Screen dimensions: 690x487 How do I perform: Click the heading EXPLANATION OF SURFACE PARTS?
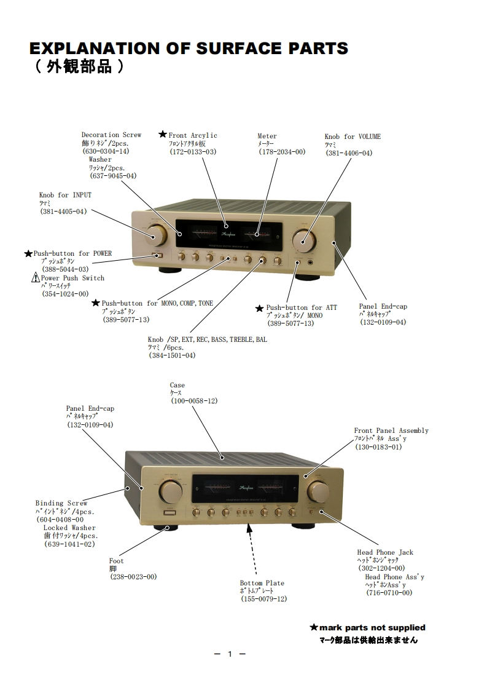click(x=189, y=49)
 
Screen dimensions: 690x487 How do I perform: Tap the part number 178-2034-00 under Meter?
click(x=281, y=152)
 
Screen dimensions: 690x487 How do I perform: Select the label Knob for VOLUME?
click(x=353, y=137)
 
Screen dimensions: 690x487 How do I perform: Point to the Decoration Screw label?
click(x=111, y=135)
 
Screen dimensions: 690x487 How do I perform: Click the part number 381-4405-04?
click(x=63, y=211)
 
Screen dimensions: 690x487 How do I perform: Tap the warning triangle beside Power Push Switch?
click(x=36, y=278)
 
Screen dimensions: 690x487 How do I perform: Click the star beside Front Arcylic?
click(x=163, y=135)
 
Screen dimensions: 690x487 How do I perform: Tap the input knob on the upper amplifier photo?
click(x=156, y=236)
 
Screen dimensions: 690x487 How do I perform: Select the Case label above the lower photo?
click(x=177, y=386)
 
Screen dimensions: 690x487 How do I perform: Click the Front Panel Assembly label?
click(x=391, y=430)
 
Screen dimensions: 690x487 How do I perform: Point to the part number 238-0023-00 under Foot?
click(x=133, y=577)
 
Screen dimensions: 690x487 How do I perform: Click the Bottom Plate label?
click(x=262, y=583)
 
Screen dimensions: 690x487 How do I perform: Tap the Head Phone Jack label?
click(x=385, y=552)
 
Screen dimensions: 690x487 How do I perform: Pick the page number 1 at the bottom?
click(x=230, y=654)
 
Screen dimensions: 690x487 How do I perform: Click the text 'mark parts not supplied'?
click(x=372, y=627)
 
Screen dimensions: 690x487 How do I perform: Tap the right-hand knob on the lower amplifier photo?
click(x=318, y=491)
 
